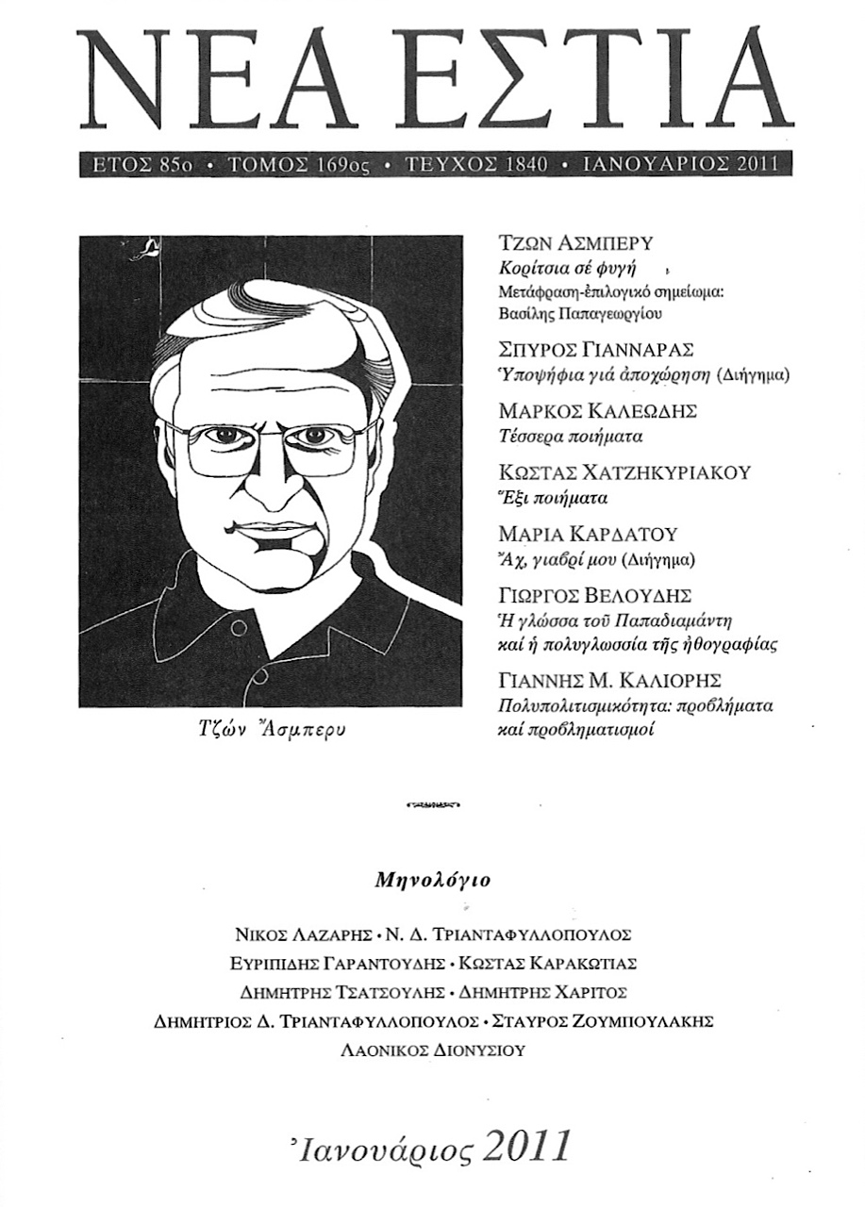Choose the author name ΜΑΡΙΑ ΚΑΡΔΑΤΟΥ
pos(588,535)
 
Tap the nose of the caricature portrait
pos(269,490)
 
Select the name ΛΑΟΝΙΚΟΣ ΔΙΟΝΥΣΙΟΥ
pos(432,1050)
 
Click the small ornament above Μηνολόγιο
pos(432,805)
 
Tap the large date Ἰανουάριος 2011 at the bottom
pos(433,1147)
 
